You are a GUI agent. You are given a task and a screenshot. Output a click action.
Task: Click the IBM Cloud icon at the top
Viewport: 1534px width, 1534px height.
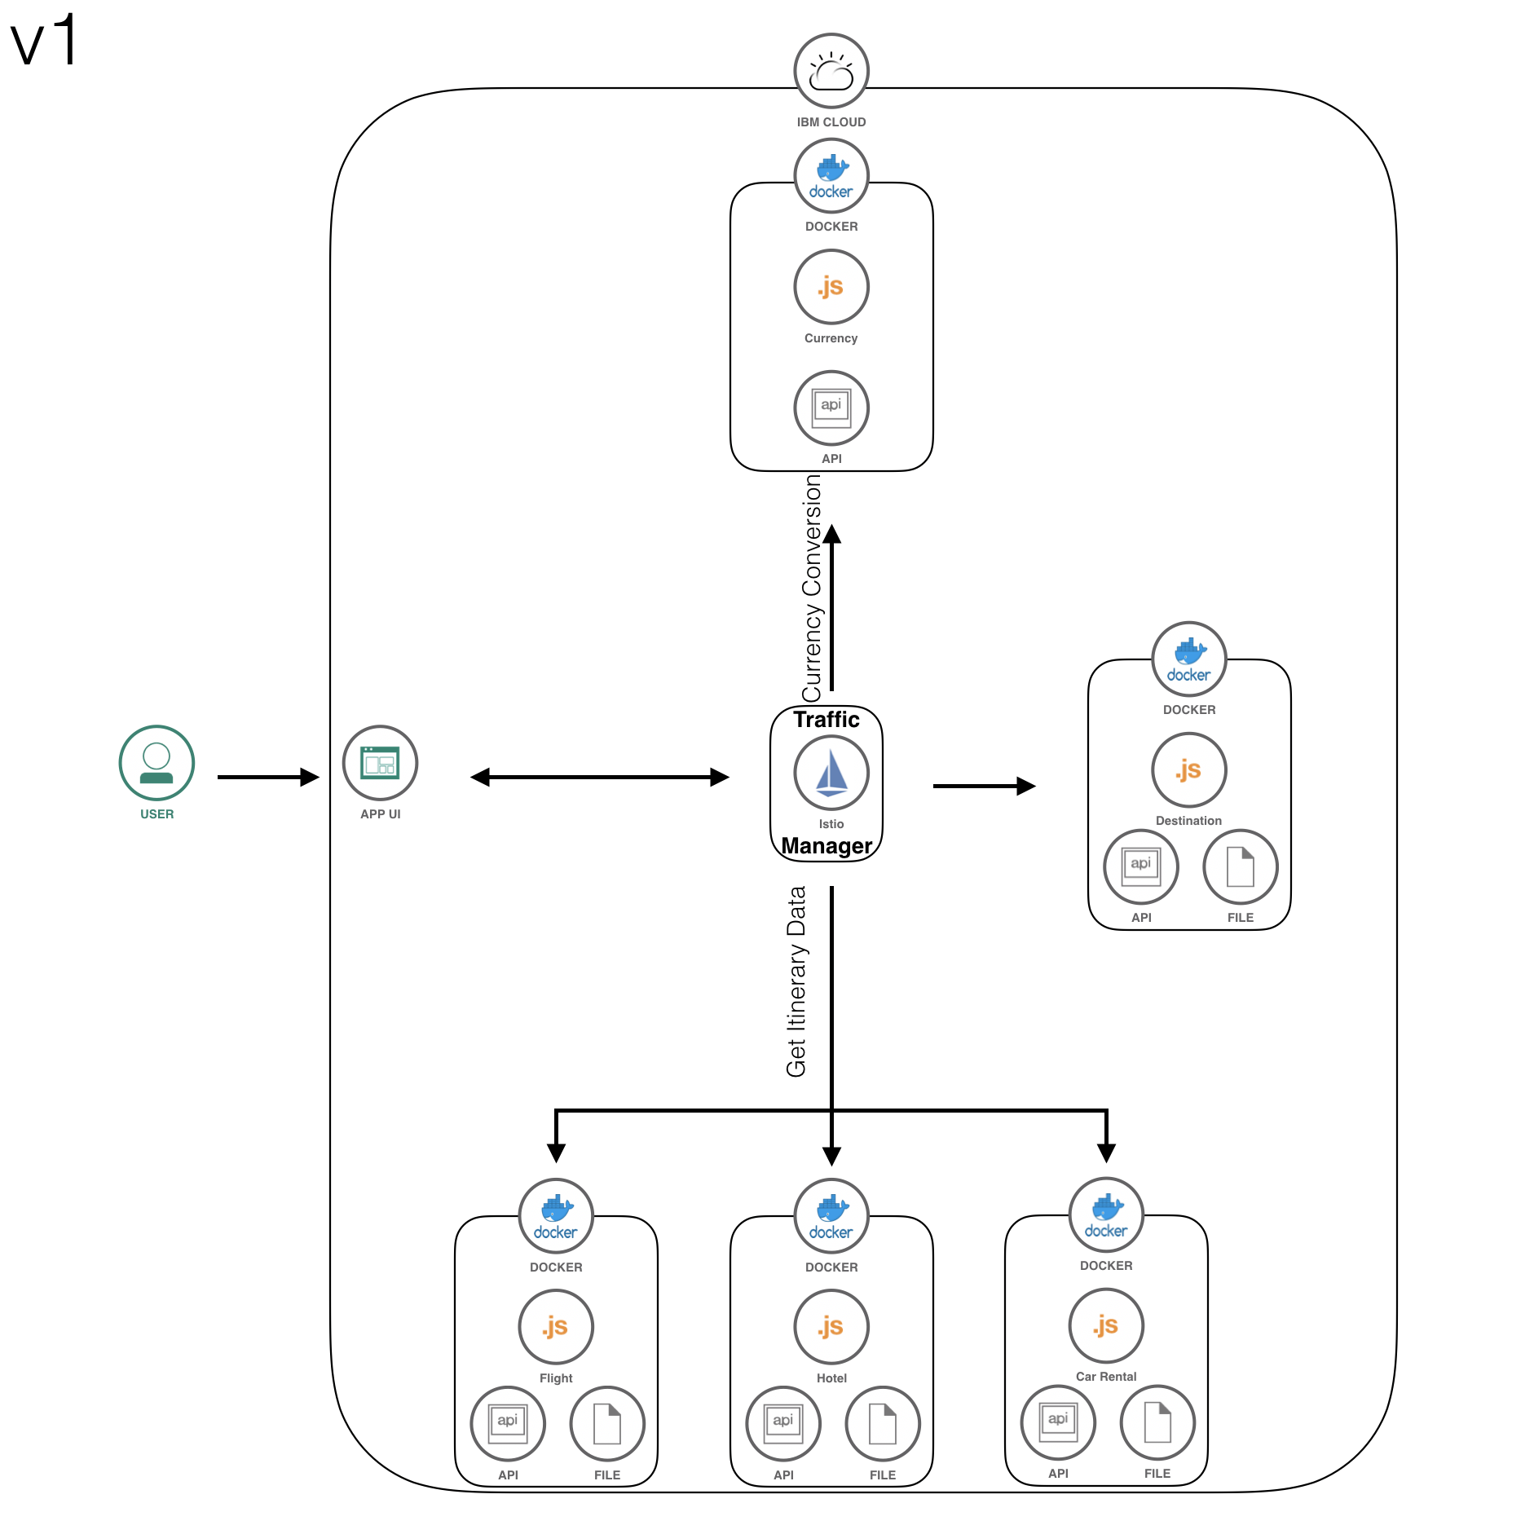point(831,71)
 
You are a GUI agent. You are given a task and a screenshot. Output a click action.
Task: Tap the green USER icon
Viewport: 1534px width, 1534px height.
point(156,762)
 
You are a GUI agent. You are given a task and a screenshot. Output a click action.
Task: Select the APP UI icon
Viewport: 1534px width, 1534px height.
point(380,762)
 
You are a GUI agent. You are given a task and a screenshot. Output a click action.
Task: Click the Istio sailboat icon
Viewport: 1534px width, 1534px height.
point(831,773)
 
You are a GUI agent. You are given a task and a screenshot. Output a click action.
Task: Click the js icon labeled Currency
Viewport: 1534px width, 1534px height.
point(831,287)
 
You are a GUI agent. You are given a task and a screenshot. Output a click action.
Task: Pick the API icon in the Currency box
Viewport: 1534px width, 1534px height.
point(831,408)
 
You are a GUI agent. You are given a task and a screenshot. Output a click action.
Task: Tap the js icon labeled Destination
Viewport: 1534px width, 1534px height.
point(1188,769)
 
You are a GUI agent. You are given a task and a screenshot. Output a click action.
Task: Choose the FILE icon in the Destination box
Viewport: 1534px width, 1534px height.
point(1240,866)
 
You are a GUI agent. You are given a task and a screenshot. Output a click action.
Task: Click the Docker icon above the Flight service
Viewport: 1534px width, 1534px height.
point(556,1215)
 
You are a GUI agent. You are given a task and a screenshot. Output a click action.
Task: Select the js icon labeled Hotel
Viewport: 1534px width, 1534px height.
point(831,1326)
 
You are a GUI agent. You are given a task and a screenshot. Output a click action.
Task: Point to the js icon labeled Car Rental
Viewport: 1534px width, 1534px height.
point(1106,1325)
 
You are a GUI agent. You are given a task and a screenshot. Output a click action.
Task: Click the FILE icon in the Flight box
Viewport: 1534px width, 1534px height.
point(607,1423)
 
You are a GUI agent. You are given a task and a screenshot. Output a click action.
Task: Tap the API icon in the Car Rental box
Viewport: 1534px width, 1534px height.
point(1058,1422)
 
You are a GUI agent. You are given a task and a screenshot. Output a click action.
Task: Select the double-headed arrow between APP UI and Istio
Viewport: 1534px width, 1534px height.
point(599,777)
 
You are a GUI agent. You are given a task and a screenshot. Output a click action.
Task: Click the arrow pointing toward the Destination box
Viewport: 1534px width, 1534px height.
point(983,786)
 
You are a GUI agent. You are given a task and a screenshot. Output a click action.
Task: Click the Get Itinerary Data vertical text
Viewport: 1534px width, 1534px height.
point(796,981)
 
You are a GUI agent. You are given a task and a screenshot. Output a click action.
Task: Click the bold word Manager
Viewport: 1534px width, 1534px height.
point(827,846)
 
